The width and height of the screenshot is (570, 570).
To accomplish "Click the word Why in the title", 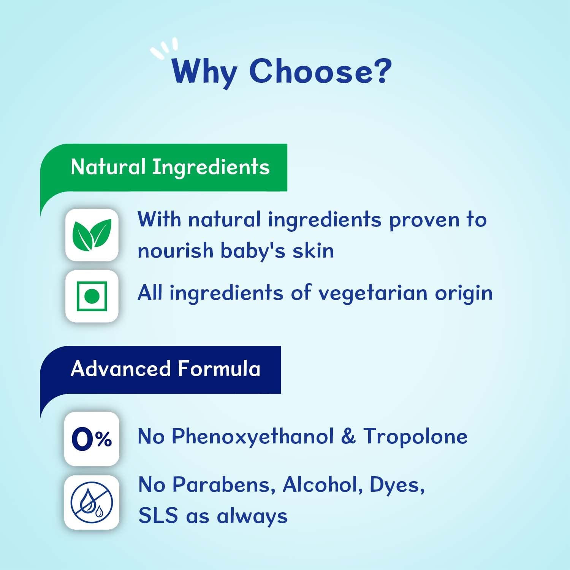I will coord(204,71).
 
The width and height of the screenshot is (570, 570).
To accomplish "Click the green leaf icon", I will coord(92,235).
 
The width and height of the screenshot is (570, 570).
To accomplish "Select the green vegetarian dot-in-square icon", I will coord(92,296).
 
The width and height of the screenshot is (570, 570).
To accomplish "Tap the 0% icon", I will coord(92,439).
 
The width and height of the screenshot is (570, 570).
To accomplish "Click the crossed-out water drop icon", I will coord(92,502).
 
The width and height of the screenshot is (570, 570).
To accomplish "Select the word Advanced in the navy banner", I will coord(121,369).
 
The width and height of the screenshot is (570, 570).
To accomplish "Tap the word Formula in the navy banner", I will coord(219,369).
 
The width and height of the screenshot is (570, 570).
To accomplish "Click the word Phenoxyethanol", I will coord(253,436).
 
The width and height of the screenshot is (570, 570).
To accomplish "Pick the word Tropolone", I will coord(415,436).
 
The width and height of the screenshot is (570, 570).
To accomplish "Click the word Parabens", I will coord(223,484).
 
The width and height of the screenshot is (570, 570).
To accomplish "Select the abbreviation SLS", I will coord(158,516).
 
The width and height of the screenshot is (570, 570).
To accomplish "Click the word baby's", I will coord(253,251).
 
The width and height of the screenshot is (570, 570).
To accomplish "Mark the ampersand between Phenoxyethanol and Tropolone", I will coord(348,436).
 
